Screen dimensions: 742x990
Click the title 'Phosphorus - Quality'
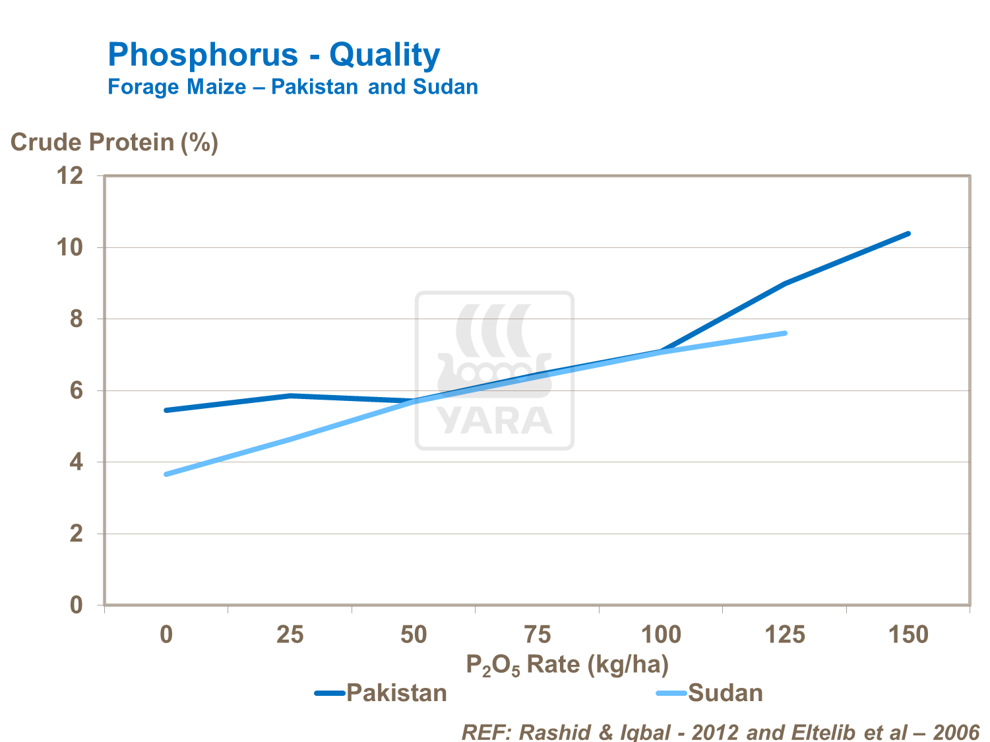(274, 55)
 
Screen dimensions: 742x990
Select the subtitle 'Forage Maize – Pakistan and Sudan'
(293, 87)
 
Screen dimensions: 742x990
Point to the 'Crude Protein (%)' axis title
(114, 142)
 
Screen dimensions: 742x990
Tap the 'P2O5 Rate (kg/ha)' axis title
(567, 664)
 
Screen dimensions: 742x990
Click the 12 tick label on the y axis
(70, 175)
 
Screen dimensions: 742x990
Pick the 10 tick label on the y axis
(70, 247)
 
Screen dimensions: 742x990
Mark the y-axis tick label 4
(77, 462)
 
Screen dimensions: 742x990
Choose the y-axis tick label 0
(77, 605)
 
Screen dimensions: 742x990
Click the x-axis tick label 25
(290, 634)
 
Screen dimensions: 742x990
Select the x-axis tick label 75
(538, 634)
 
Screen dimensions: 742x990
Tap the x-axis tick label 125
(785, 634)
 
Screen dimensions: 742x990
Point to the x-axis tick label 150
(909, 634)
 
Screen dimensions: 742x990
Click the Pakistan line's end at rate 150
(908, 233)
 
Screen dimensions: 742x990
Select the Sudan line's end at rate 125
(785, 333)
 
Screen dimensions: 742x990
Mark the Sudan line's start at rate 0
(166, 474)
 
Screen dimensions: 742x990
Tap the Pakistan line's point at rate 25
(290, 396)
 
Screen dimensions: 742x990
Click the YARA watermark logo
(495, 371)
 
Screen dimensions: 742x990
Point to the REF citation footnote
(720, 732)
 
